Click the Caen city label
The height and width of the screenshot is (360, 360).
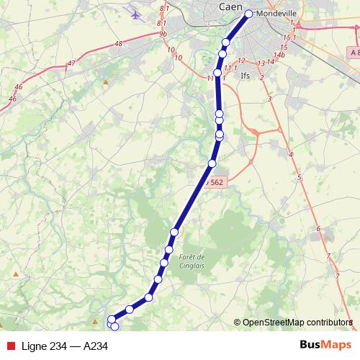point(230,6)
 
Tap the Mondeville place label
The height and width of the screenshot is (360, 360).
point(271,13)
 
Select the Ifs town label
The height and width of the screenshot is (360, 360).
point(246,74)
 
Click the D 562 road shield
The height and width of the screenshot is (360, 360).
point(215,183)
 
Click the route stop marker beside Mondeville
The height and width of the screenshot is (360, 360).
point(249,14)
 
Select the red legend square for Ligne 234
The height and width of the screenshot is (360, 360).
point(9,346)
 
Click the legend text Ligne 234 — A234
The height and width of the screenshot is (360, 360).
point(65,346)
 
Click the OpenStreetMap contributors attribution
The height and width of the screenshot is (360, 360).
point(293,322)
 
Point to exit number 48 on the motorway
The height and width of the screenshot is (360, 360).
point(118,44)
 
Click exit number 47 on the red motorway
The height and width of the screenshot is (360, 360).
point(71,63)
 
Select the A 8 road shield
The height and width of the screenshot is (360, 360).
point(351,53)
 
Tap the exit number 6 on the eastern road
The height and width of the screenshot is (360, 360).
point(318,229)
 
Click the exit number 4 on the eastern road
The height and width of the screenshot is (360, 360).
point(290,155)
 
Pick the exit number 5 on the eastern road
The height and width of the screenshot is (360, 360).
point(298,177)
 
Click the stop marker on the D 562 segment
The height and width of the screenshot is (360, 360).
point(212,163)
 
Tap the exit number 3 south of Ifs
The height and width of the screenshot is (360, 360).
point(268,99)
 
